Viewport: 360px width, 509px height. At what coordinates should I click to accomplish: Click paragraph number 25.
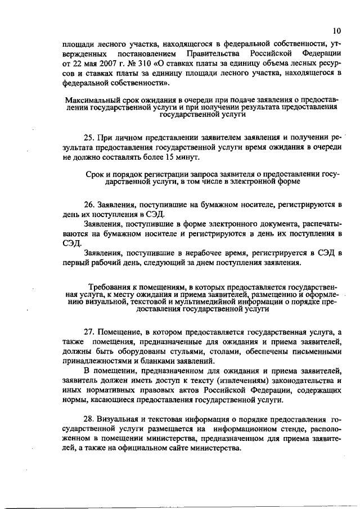click(x=89, y=137)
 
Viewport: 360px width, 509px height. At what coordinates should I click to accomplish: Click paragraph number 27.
click(x=89, y=332)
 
